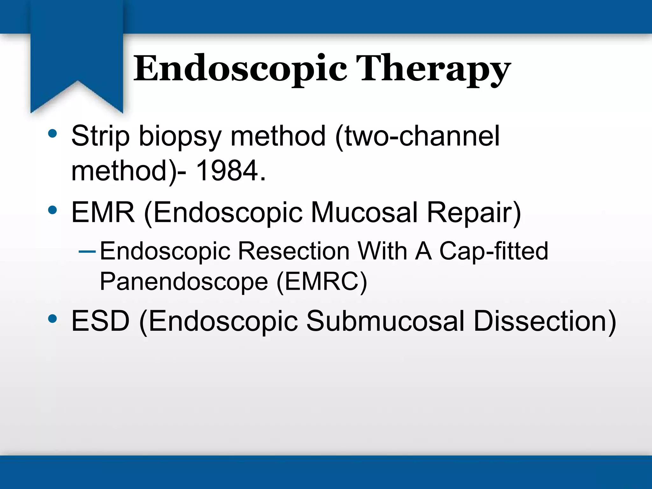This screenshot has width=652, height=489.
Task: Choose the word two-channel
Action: click(417, 136)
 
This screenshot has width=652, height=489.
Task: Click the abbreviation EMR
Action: click(103, 212)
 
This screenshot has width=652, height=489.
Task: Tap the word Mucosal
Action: click(364, 212)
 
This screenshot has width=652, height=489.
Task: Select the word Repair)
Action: click(474, 213)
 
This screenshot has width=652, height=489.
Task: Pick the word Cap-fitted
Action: click(493, 252)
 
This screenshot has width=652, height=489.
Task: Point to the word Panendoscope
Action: click(184, 282)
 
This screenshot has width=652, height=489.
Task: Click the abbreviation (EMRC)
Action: click(322, 282)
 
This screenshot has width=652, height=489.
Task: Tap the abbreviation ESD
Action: click(100, 321)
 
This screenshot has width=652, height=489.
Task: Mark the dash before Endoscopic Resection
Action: click(87, 252)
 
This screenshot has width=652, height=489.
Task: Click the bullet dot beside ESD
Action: click(53, 318)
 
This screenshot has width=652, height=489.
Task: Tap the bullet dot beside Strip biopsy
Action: click(53, 134)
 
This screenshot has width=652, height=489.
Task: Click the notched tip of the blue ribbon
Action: click(77, 82)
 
